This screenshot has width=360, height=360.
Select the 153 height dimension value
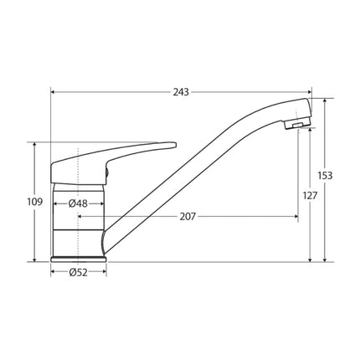pos(326,176)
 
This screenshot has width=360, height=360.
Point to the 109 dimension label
pos(35,202)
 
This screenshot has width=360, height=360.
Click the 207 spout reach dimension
pos(188,217)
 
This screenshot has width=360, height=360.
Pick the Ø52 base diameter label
pos(79,272)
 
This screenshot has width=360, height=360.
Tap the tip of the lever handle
pos(172,143)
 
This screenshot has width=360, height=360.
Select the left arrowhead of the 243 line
pos(54,91)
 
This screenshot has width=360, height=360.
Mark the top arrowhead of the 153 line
pos(325,100)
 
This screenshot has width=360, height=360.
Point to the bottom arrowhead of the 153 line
pos(325,260)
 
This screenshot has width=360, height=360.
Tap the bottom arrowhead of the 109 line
pos(35,260)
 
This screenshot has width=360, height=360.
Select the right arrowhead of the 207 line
pos(296,217)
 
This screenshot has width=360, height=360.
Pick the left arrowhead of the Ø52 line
pos(52,272)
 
